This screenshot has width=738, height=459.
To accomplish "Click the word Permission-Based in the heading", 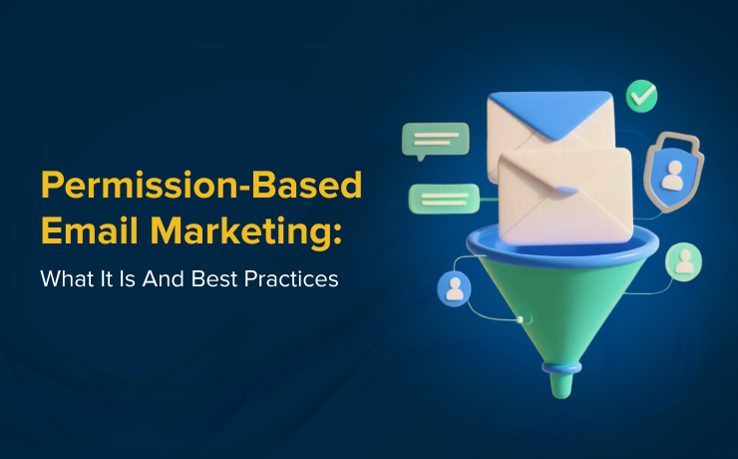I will click(x=200, y=186).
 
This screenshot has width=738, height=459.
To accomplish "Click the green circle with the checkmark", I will click(x=641, y=97).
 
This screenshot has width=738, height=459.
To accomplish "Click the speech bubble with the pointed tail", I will click(x=434, y=140).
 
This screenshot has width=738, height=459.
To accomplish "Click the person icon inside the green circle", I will click(x=684, y=261).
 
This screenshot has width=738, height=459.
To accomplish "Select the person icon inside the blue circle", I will click(x=454, y=289).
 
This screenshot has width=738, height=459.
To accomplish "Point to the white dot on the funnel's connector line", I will click(x=521, y=319).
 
